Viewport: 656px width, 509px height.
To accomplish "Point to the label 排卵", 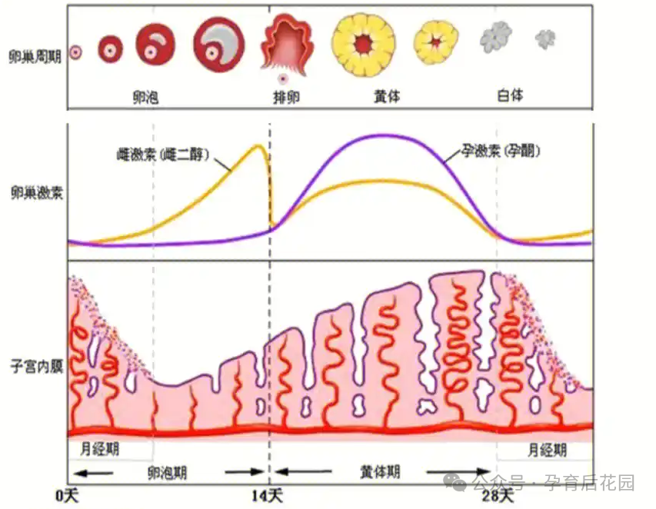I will pos(285,96).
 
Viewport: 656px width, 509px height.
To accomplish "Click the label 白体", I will pos(510,95).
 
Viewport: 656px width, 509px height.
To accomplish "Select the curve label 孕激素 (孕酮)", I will pos(503,151).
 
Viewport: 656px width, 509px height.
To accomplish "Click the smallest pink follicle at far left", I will pos(75,52).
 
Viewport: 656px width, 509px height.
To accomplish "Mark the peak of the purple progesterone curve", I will pos(382,135).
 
